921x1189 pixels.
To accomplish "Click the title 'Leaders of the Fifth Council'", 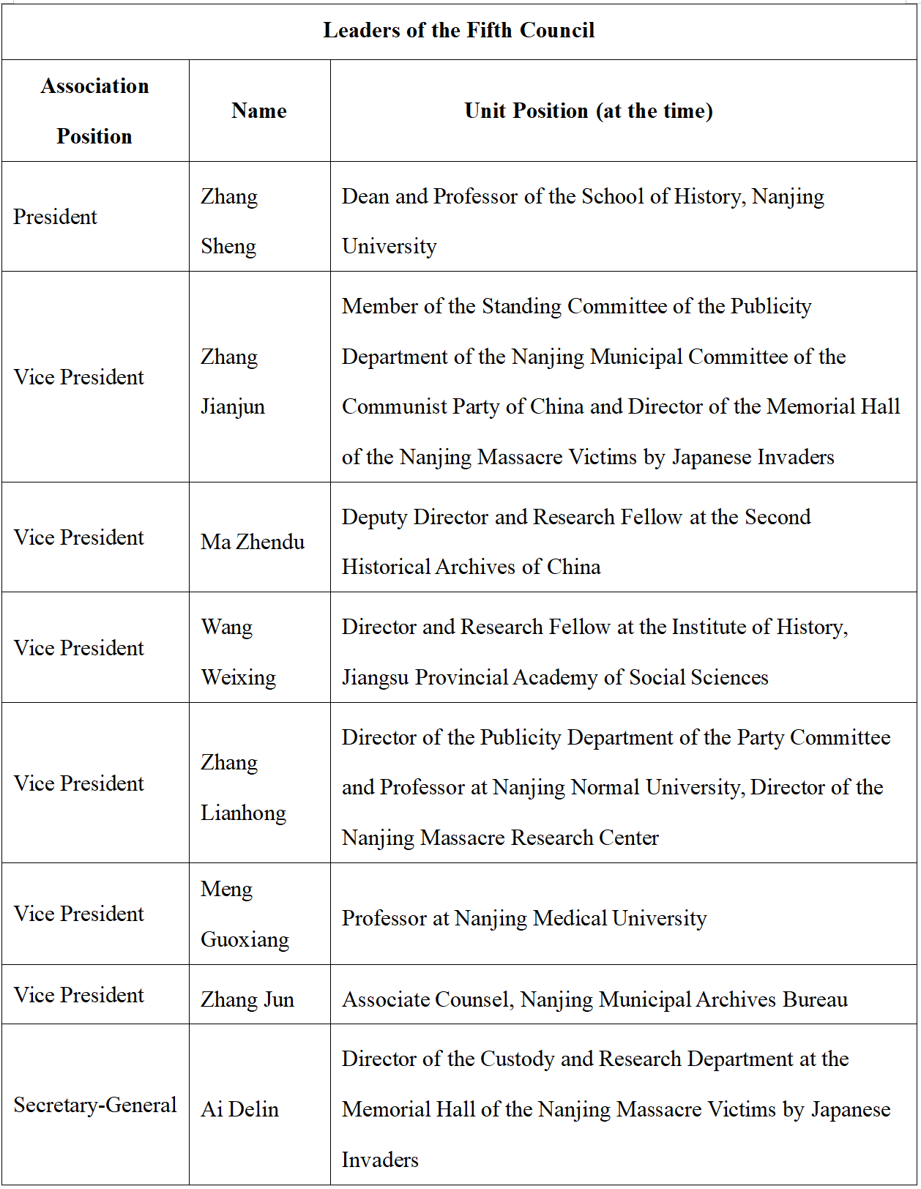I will [x=459, y=31].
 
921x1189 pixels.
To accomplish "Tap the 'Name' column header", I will [x=259, y=111].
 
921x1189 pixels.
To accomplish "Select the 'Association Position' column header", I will [x=95, y=111].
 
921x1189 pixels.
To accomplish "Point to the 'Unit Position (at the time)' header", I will [x=589, y=111].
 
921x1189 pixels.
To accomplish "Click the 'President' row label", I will [x=56, y=217].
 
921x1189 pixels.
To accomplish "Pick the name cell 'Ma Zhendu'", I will [x=253, y=543].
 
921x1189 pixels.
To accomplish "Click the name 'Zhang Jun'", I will [x=247, y=1000].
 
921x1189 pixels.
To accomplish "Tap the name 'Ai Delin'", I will [x=240, y=1110].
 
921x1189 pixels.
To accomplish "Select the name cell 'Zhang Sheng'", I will [x=229, y=221].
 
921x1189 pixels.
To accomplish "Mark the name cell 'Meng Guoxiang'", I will [x=245, y=914].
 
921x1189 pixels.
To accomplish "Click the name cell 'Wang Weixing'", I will [x=238, y=652].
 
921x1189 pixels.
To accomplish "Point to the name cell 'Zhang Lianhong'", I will [x=243, y=788].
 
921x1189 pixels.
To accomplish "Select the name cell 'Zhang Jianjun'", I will [x=233, y=382].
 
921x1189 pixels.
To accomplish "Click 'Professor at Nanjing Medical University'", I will [x=524, y=919].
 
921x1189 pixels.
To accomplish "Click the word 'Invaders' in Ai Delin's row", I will [x=380, y=1160].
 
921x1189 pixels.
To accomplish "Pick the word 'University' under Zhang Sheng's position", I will [x=389, y=247].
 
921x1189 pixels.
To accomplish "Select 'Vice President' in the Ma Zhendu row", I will [x=79, y=538].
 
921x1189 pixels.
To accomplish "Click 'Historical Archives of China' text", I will [x=471, y=567].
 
